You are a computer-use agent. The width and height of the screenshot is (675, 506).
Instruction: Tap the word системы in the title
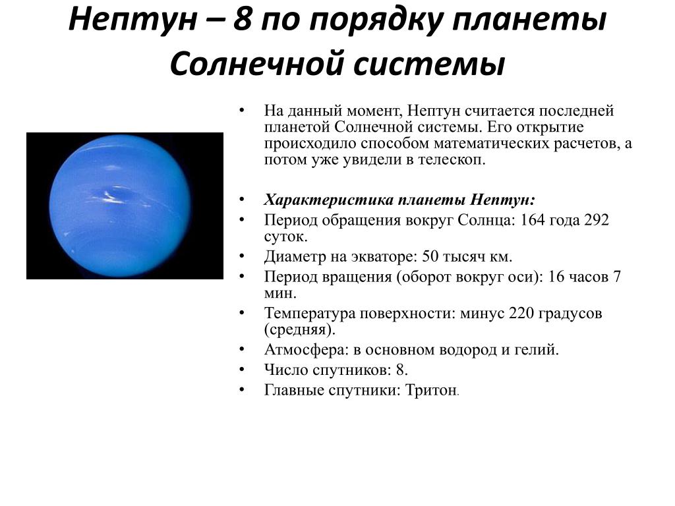point(428,64)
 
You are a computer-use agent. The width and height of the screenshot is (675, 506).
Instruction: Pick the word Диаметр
point(295,257)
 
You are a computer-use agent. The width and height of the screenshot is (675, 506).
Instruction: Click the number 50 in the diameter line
point(430,256)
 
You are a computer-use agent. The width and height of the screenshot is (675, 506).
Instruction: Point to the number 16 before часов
point(556,276)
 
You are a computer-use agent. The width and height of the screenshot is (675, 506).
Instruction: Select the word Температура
point(310,314)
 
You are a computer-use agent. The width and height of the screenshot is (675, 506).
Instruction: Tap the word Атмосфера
point(306,350)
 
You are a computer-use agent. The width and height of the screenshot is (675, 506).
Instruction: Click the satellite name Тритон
point(431,390)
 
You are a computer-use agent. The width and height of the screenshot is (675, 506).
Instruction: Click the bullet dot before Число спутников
point(243,370)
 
